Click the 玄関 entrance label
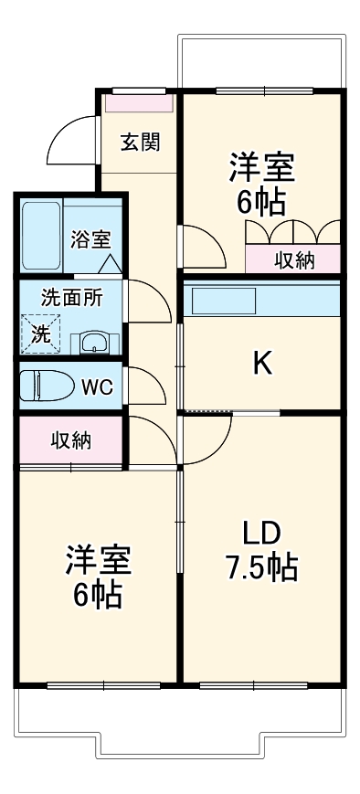[x=141, y=142]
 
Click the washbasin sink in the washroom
[x=93, y=343]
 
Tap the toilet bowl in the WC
[x=45, y=385]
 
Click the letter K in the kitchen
[x=261, y=364]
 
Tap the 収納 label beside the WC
[x=69, y=440]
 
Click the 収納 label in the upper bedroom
[x=294, y=259]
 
